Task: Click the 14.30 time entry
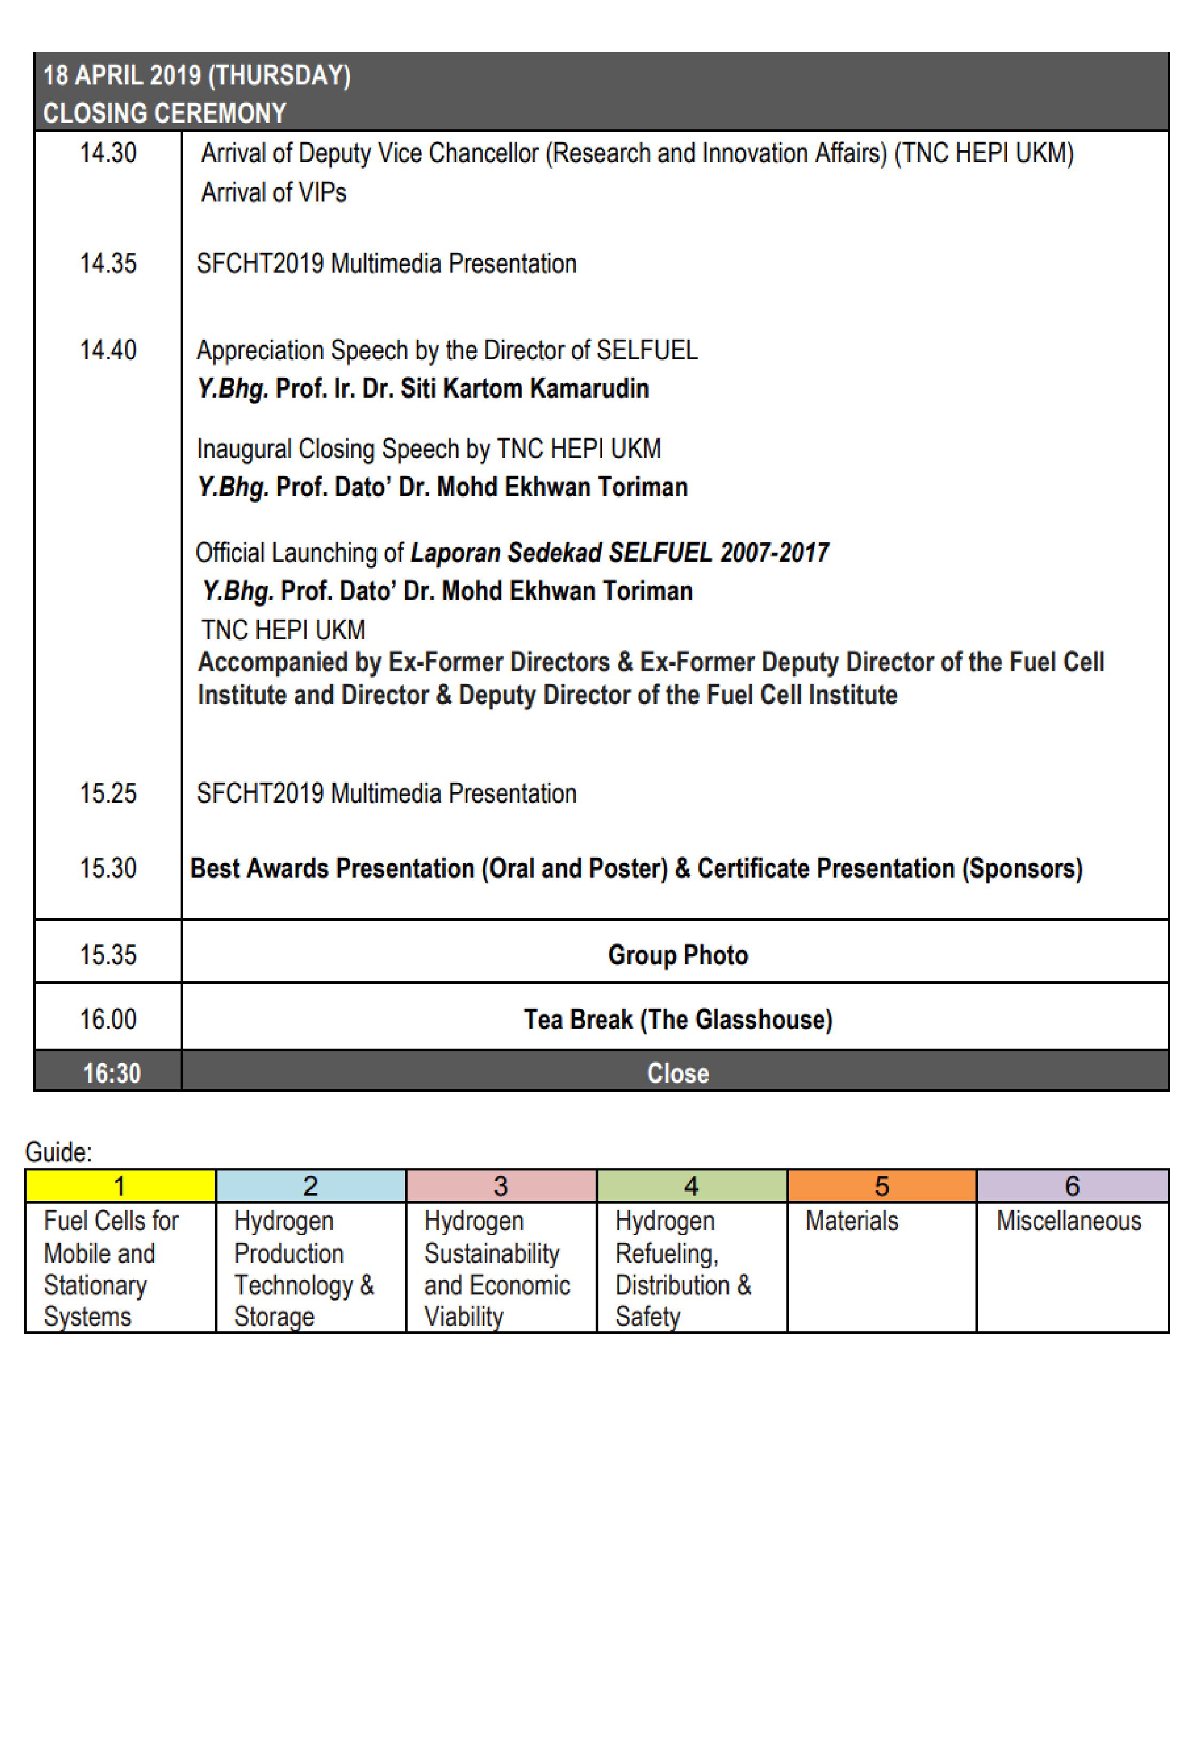pos(108,153)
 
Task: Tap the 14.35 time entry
pos(108,263)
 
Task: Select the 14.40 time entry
pos(108,350)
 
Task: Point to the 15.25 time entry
pos(108,793)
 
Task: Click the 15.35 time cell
pos(108,955)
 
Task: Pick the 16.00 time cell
pos(108,1019)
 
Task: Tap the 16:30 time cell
pos(112,1073)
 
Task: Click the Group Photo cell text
pos(678,955)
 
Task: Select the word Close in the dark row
pos(678,1073)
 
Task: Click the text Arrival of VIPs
pos(274,193)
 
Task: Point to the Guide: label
pos(59,1152)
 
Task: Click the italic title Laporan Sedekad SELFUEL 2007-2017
pos(619,553)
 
